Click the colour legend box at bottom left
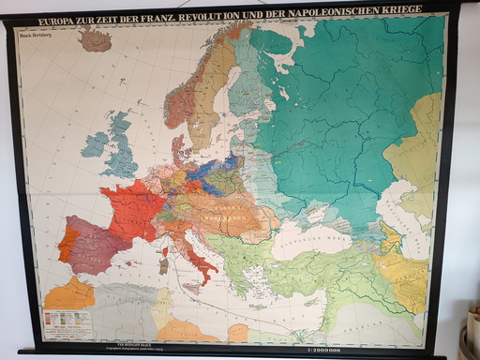point(67,322)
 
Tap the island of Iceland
point(95,40)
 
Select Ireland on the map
point(95,144)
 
